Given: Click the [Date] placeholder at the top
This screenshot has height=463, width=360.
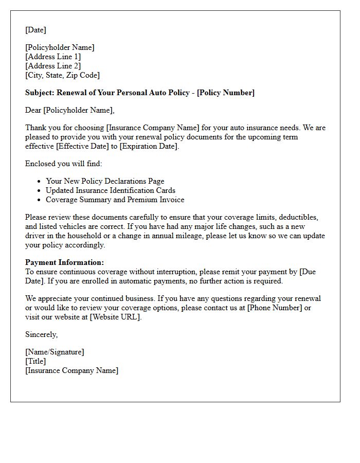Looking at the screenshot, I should pos(35,30).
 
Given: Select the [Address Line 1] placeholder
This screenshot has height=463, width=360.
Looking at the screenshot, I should pos(53,57).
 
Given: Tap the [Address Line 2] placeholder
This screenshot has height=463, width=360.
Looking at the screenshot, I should pos(53,66).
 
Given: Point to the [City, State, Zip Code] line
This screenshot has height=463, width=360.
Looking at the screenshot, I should pos(62,75).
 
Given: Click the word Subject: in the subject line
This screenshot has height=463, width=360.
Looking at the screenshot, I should pos(40,93).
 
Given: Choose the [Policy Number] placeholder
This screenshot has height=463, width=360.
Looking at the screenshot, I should pos(226,93).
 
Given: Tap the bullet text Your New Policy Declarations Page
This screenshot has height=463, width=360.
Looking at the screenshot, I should pos(105,181).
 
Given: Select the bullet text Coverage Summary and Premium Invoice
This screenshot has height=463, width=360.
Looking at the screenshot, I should pos(115,200).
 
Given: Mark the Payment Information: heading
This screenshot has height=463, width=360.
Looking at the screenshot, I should pos(64,262).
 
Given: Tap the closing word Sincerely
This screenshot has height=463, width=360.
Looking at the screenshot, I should pos(41,334).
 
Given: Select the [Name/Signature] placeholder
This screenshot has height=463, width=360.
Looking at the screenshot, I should pos(55,352).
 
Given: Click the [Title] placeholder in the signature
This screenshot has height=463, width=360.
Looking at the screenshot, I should pos(35,361).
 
